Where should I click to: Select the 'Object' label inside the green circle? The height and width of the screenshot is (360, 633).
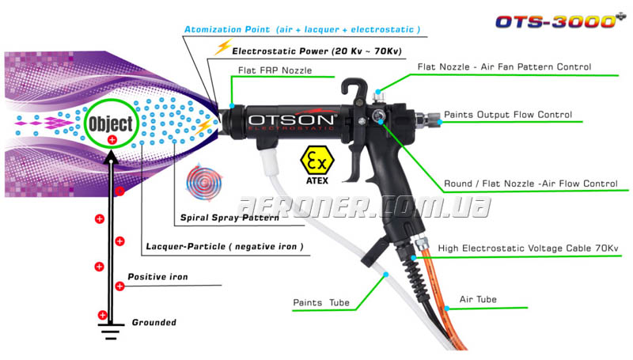pos(111,123)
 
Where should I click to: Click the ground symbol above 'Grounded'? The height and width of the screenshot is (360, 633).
pos(112,326)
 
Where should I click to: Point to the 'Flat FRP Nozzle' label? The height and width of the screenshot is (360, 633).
pos(275,70)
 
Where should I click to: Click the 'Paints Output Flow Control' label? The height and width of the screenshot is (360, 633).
pos(507,115)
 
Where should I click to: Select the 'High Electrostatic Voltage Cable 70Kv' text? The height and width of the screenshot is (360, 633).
pos(528,248)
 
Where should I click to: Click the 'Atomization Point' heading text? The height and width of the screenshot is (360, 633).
pos(301,29)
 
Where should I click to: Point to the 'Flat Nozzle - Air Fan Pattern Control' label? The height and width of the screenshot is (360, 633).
pos(504,67)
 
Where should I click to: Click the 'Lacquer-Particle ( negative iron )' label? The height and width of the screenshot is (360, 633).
pos(225,247)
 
